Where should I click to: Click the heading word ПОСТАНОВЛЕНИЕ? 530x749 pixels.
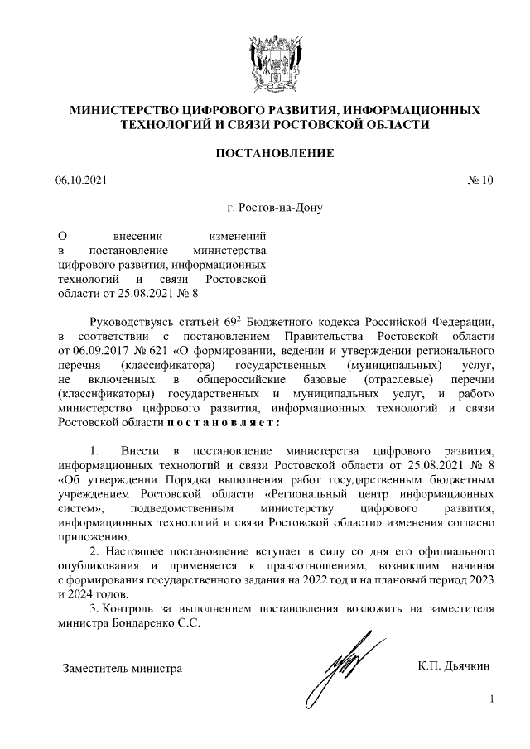[x=275, y=153]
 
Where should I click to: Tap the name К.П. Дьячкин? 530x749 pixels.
[x=455, y=664]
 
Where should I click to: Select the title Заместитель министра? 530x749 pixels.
[x=123, y=667]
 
